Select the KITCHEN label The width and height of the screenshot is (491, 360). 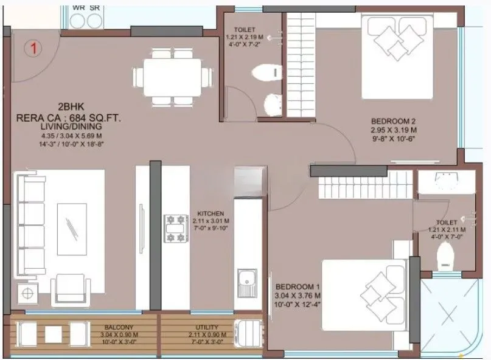tap(211, 214)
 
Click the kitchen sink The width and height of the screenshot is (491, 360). tap(246, 281)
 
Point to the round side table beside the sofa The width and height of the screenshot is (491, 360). tap(28, 293)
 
